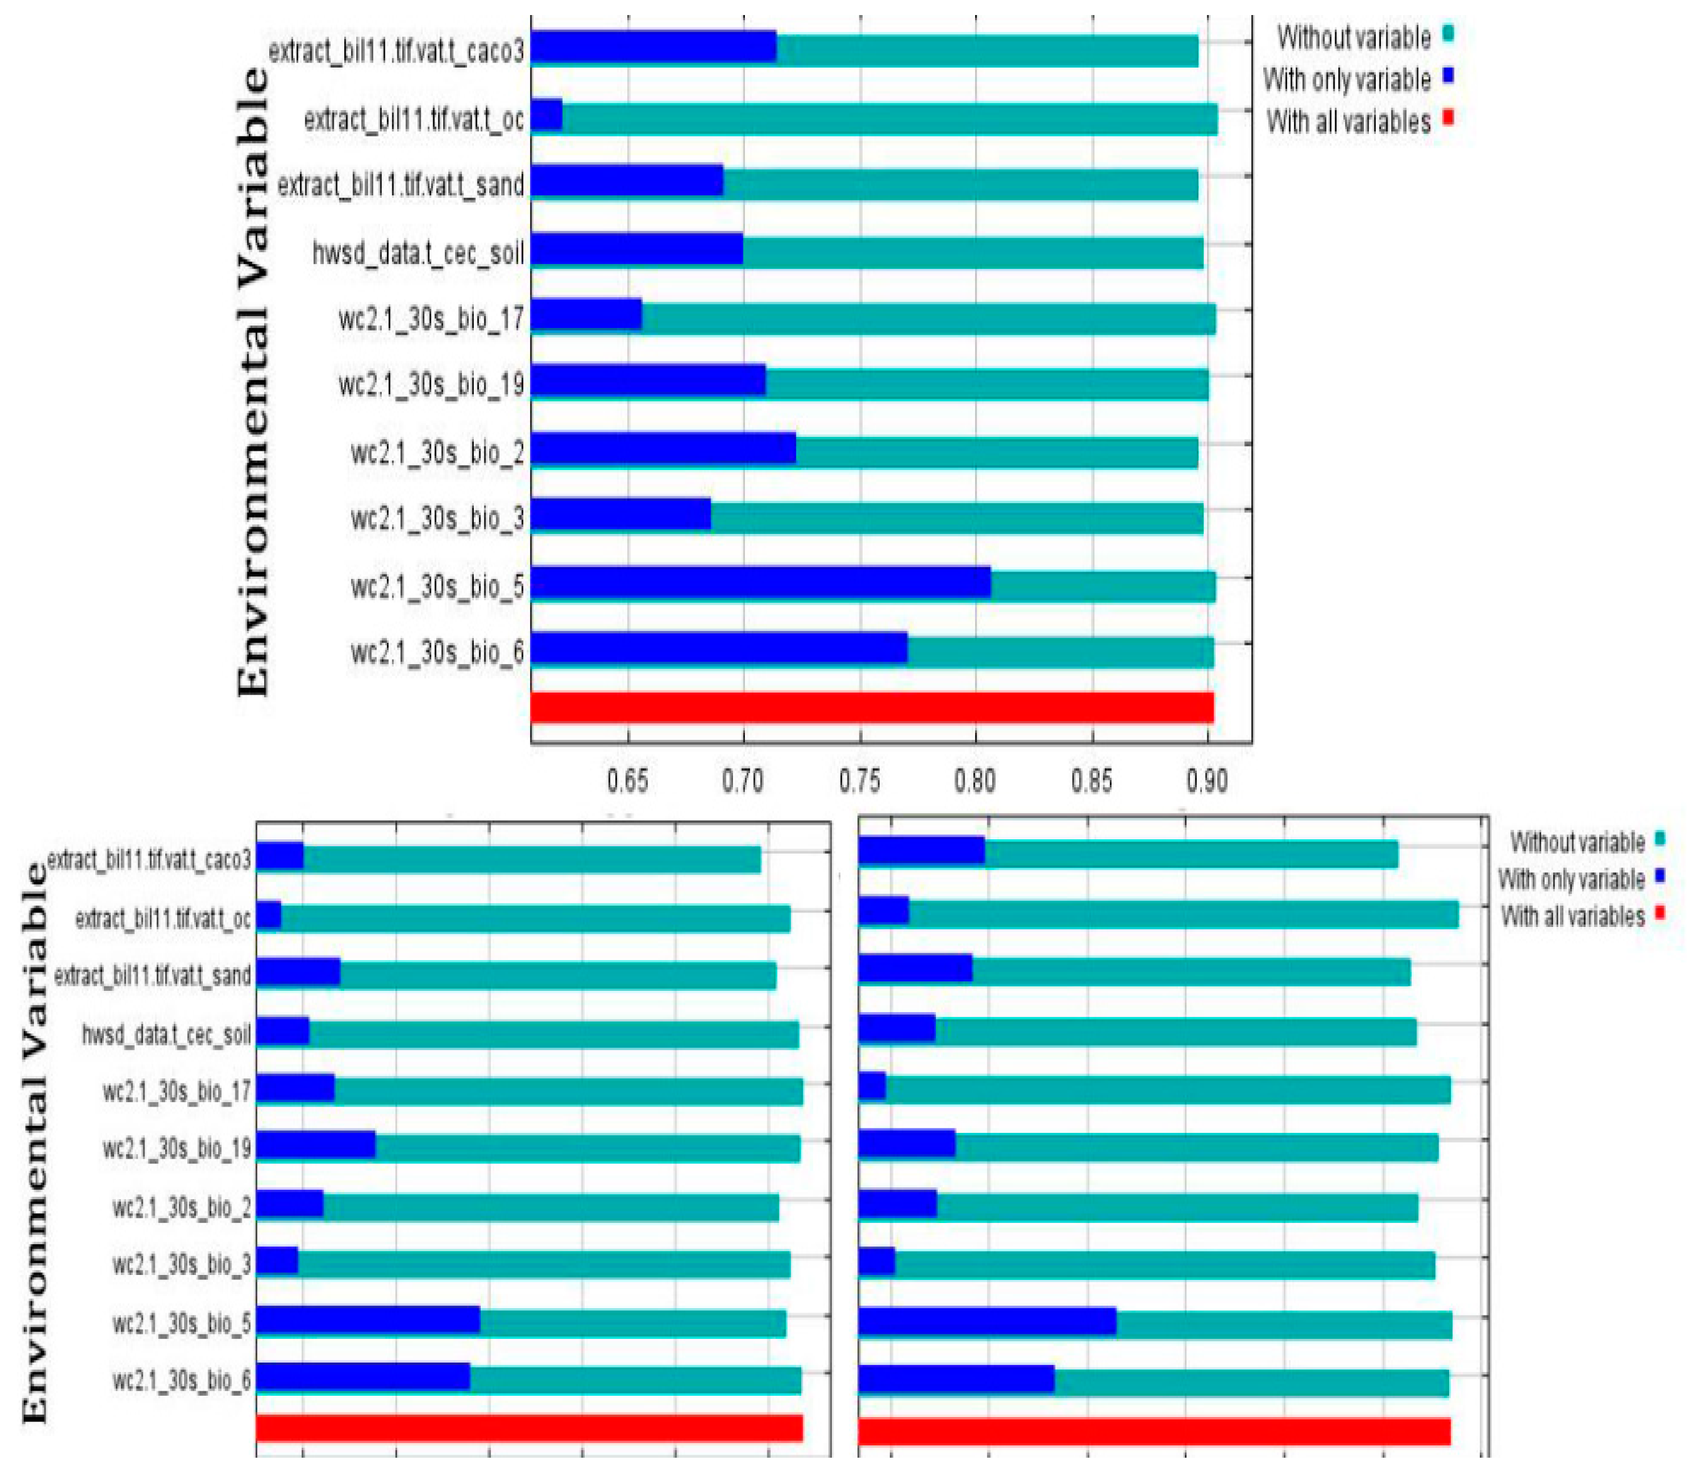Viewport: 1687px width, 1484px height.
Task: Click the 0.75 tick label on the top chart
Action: (859, 780)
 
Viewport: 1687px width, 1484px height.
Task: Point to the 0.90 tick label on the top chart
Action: (1207, 780)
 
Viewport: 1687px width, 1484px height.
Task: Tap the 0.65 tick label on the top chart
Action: (627, 780)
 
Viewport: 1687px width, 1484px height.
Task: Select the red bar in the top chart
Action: (871, 707)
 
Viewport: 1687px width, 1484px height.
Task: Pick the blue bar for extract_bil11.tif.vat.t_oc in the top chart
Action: (546, 116)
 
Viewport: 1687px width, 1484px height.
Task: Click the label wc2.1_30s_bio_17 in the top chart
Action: (431, 319)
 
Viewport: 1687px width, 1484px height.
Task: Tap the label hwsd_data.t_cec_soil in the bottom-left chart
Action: (166, 1034)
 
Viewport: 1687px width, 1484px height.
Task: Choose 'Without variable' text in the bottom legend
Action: (1577, 842)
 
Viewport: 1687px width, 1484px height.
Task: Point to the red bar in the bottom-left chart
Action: (529, 1427)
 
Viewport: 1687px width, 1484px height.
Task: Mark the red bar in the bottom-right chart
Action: (1154, 1431)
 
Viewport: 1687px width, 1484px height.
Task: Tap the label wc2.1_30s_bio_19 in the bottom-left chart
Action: (177, 1149)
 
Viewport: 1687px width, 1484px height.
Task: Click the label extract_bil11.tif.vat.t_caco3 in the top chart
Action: (396, 51)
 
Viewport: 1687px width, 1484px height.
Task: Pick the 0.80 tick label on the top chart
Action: (975, 780)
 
